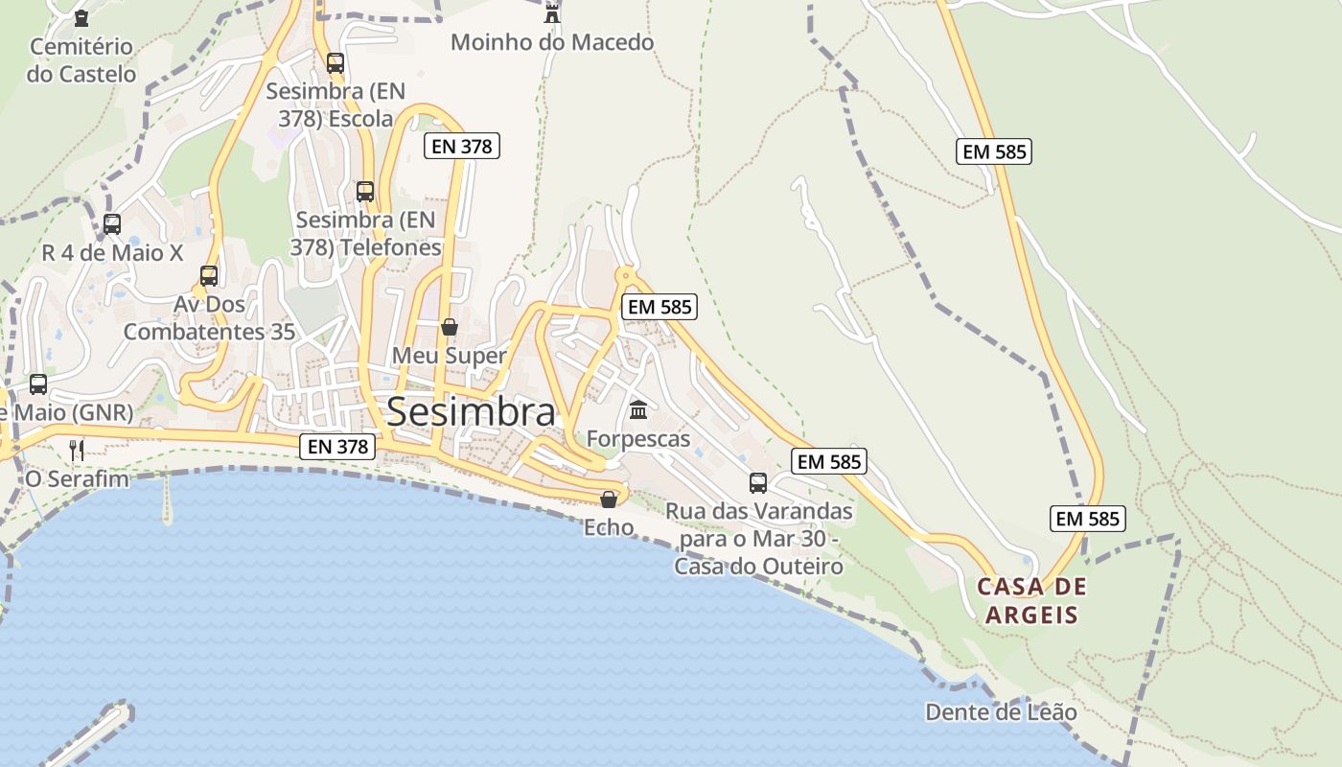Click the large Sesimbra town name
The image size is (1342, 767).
click(x=471, y=412)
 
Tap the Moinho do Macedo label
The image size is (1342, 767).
click(x=552, y=42)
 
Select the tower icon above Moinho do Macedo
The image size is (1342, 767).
click(x=552, y=13)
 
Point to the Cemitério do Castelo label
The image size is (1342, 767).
click(x=81, y=59)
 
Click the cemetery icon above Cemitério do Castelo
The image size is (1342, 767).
click(x=81, y=17)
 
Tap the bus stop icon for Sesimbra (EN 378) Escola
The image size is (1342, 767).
click(x=335, y=63)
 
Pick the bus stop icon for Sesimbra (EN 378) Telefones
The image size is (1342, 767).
click(x=365, y=191)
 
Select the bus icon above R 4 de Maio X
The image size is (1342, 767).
click(x=112, y=224)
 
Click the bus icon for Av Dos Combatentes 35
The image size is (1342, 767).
click(x=209, y=276)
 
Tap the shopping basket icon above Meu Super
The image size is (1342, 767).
click(x=449, y=327)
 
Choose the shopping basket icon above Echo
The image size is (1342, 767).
click(x=609, y=499)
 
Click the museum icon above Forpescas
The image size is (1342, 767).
click(x=638, y=410)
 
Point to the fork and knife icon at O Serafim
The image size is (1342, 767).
click(x=77, y=450)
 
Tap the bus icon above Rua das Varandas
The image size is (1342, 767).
click(x=758, y=482)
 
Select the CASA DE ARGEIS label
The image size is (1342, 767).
click(x=1032, y=600)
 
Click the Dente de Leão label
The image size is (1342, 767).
click(x=1001, y=712)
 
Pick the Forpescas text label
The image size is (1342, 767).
click(x=638, y=439)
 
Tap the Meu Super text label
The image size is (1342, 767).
click(x=449, y=356)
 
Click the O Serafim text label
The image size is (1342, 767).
click(x=77, y=478)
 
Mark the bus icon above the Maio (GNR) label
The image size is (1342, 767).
click(x=38, y=384)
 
